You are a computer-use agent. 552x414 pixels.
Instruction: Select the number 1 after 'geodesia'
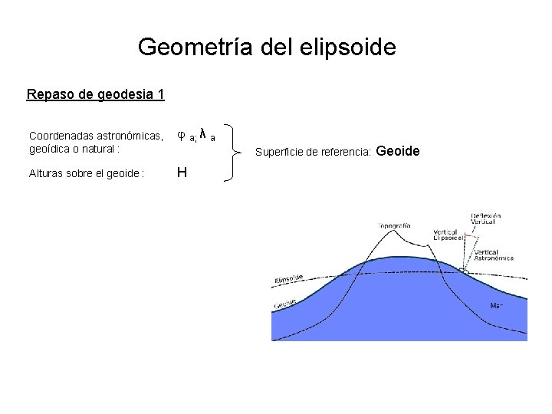(160, 95)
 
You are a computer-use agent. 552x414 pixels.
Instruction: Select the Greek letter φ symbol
(181, 135)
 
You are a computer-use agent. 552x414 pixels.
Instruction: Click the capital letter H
(182, 172)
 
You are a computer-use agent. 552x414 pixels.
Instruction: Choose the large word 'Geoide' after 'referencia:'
(399, 151)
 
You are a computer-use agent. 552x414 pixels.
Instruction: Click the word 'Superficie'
(279, 153)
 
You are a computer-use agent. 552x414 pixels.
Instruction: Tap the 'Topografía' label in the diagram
(395, 225)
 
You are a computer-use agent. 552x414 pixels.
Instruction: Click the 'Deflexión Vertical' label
(485, 219)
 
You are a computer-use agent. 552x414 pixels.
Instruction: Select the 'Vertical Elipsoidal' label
(445, 235)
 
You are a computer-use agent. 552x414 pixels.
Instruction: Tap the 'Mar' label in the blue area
(496, 306)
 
